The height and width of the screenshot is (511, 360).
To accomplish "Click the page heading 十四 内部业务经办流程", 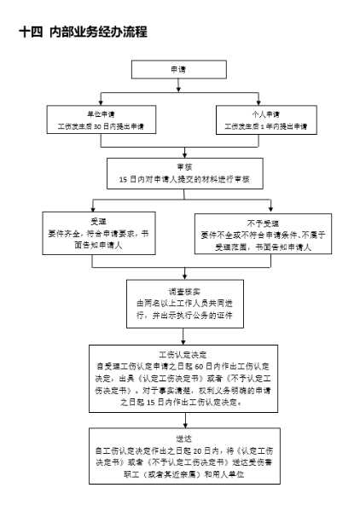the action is tap(84, 32).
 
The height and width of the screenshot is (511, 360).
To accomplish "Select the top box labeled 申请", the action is tap(179, 69).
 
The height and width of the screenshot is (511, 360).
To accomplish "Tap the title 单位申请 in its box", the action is tap(101, 114).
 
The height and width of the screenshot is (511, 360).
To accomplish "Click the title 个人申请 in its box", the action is tap(266, 114).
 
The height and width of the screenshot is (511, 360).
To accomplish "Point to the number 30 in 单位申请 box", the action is tap(97, 127).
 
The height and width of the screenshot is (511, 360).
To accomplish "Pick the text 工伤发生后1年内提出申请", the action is tap(266, 126).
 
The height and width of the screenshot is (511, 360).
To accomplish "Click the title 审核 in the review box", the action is tap(185, 167).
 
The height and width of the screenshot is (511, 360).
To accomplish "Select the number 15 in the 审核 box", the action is tap(123, 179).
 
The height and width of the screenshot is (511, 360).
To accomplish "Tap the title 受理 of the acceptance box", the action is tap(98, 222).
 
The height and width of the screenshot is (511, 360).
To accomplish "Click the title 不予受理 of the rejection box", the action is tap(263, 224).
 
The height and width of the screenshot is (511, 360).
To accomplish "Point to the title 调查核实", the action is tap(184, 292).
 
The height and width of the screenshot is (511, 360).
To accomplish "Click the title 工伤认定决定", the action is tap(183, 355).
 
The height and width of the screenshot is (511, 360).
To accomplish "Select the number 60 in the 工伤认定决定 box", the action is tap(199, 367).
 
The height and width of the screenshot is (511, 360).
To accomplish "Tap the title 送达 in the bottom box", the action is tap(184, 438).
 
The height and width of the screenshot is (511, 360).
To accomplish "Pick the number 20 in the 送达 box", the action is tap(197, 451).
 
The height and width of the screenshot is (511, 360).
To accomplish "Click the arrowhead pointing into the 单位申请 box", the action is tap(101, 103).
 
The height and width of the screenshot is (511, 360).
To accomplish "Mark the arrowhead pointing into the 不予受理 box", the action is tap(270, 209).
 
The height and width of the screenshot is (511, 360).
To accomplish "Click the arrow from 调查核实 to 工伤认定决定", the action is tap(183, 336).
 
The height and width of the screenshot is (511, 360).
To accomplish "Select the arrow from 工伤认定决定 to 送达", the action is tap(185, 420).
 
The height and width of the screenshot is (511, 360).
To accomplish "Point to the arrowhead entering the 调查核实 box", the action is tap(185, 277).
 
